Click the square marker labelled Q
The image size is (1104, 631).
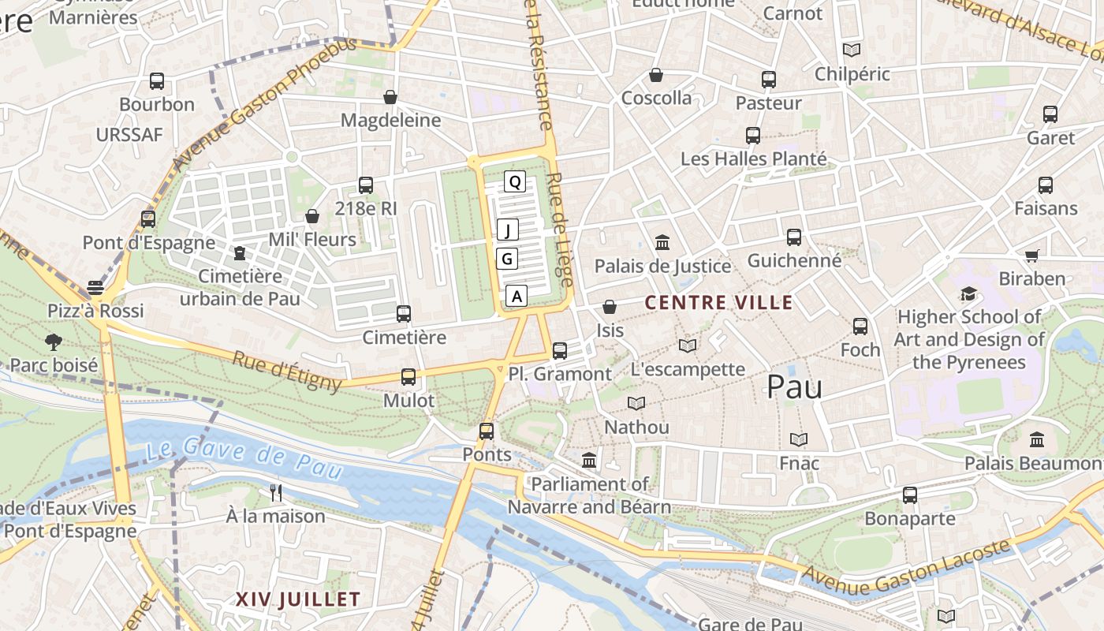click(x=515, y=182)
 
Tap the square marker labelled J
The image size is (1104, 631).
click(x=508, y=230)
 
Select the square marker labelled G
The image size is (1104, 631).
click(x=507, y=258)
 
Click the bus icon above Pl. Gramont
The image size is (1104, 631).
click(x=560, y=350)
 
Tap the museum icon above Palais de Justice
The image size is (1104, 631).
click(x=662, y=242)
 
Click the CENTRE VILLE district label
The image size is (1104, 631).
click(x=719, y=302)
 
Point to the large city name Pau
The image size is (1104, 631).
click(x=794, y=386)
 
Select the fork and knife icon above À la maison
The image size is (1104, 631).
click(x=276, y=493)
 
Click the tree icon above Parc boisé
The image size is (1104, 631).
click(x=54, y=342)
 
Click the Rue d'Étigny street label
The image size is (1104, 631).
click(x=287, y=372)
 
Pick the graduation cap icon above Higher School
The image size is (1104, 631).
click(x=968, y=294)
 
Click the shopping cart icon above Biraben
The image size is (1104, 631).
click(x=1031, y=256)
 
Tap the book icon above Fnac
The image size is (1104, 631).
click(x=799, y=439)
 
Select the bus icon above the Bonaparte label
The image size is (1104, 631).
click(x=910, y=495)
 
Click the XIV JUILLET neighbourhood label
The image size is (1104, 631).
click(x=298, y=599)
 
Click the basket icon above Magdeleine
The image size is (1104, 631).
click(x=390, y=97)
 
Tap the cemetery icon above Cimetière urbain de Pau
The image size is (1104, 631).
click(x=240, y=253)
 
